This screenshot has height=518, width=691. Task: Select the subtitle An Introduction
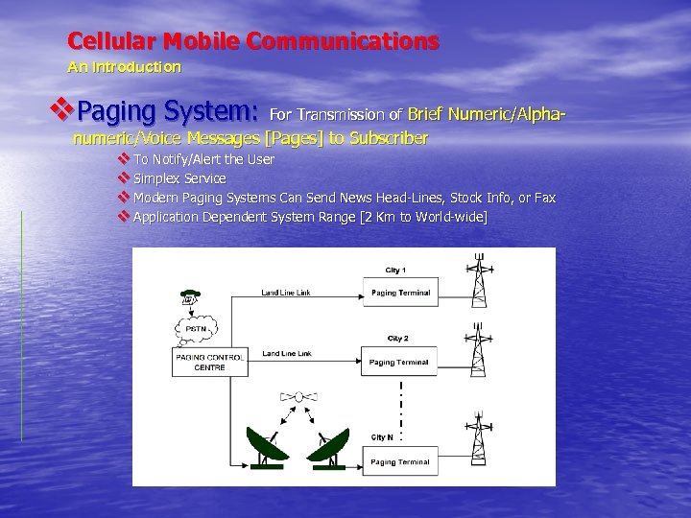pyautogui.click(x=124, y=67)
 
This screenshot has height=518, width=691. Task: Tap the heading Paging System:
pyautogui.click(x=167, y=112)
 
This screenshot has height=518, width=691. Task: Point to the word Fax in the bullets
pyautogui.click(x=544, y=198)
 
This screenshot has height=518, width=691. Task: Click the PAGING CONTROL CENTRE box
pyautogui.click(x=209, y=361)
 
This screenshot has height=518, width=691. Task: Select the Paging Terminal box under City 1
pyautogui.click(x=399, y=293)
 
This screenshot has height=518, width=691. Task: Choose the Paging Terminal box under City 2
pyautogui.click(x=399, y=362)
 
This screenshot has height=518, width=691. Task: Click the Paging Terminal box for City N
pyautogui.click(x=399, y=461)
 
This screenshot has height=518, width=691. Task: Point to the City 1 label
pyautogui.click(x=395, y=271)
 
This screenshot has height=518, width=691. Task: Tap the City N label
pyautogui.click(x=382, y=437)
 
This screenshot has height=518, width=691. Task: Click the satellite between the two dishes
pyautogui.click(x=298, y=397)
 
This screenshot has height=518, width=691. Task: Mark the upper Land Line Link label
pyautogui.click(x=286, y=291)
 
